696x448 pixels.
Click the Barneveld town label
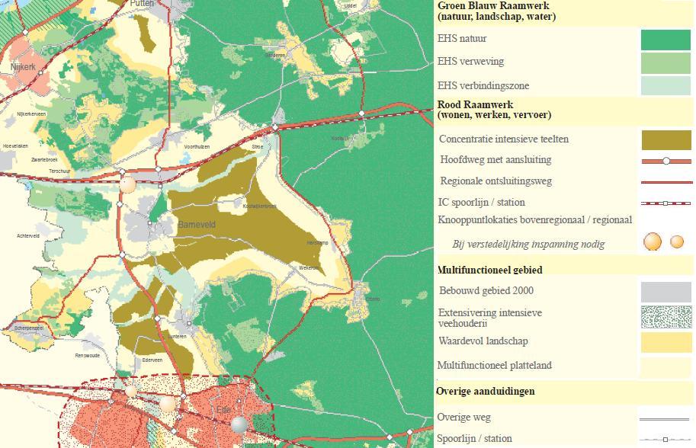196,226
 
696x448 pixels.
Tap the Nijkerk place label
23,67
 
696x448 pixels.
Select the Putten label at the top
142,4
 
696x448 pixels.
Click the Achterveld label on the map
27,236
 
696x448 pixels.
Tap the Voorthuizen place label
196,146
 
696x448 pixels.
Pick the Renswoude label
87,355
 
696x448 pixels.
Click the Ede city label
224,409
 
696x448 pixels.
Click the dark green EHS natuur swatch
665,40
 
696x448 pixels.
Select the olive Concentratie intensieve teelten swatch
666,140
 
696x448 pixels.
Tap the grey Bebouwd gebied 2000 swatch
665,292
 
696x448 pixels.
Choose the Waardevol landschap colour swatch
665,342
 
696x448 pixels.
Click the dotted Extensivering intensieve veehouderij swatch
665,316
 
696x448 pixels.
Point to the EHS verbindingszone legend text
483,86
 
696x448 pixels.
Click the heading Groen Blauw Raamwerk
492,5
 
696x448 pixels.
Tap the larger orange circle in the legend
653,242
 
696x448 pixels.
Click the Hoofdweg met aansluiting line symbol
666,162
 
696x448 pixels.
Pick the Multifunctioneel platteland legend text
495,366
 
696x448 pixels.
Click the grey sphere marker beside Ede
239,424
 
